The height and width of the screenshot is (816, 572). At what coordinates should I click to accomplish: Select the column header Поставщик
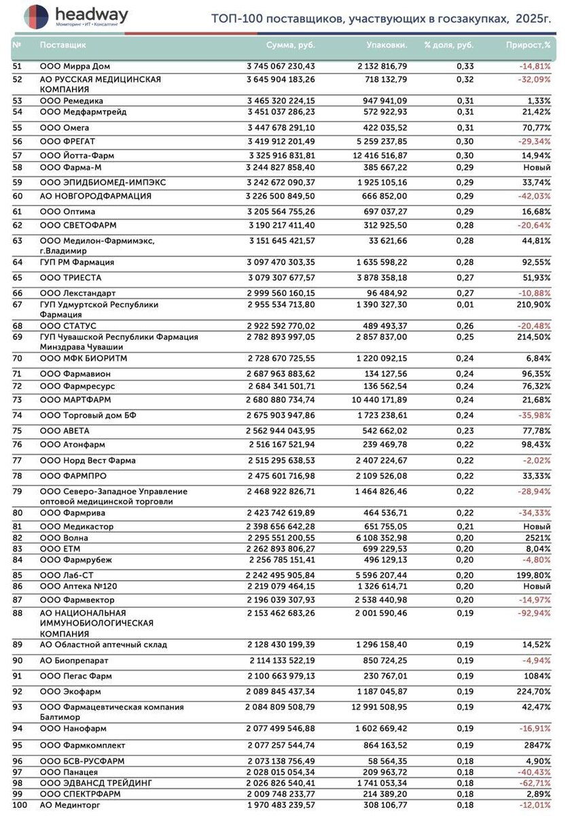62,45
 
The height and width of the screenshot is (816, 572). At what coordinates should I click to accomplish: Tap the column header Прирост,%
528,45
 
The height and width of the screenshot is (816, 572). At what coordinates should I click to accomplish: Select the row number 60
18,196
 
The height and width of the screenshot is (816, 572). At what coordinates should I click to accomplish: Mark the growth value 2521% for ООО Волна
537,538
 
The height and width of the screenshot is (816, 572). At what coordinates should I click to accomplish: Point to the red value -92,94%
534,613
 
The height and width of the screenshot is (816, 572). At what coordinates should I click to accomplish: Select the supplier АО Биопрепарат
74,660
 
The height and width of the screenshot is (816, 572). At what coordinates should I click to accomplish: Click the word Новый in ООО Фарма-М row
537,167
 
